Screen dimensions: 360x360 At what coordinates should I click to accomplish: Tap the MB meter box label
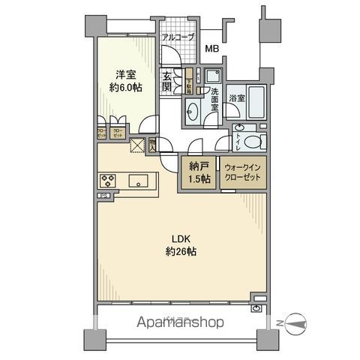pyautogui.click(x=214, y=50)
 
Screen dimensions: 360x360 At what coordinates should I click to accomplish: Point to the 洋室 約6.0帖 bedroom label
pyautogui.click(x=126, y=79)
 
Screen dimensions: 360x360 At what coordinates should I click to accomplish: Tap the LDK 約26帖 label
pyautogui.click(x=181, y=246)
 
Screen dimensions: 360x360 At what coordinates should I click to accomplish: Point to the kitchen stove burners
pyautogui.click(x=107, y=181)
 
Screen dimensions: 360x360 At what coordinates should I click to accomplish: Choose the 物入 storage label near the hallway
pyautogui.click(x=152, y=145)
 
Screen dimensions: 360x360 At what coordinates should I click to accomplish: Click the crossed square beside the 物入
pyautogui.click(x=137, y=146)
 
